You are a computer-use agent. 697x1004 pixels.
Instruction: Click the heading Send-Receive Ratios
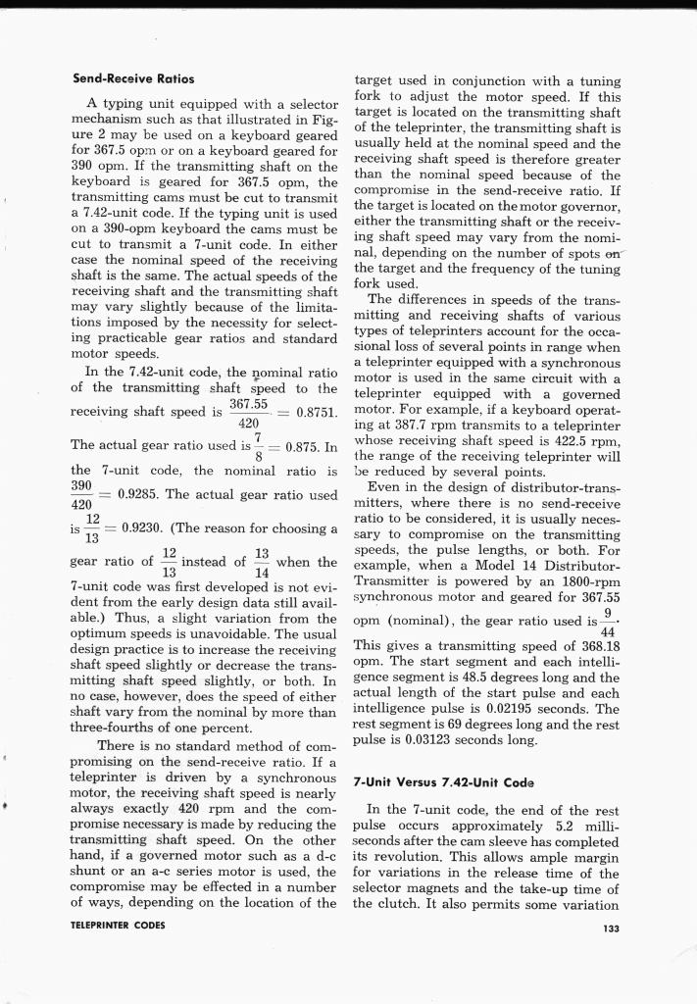133,77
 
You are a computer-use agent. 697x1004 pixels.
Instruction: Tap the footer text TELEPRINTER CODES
118,925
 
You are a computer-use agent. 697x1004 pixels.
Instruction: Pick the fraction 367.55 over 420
248,413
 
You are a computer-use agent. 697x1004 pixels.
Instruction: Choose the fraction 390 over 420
82,494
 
